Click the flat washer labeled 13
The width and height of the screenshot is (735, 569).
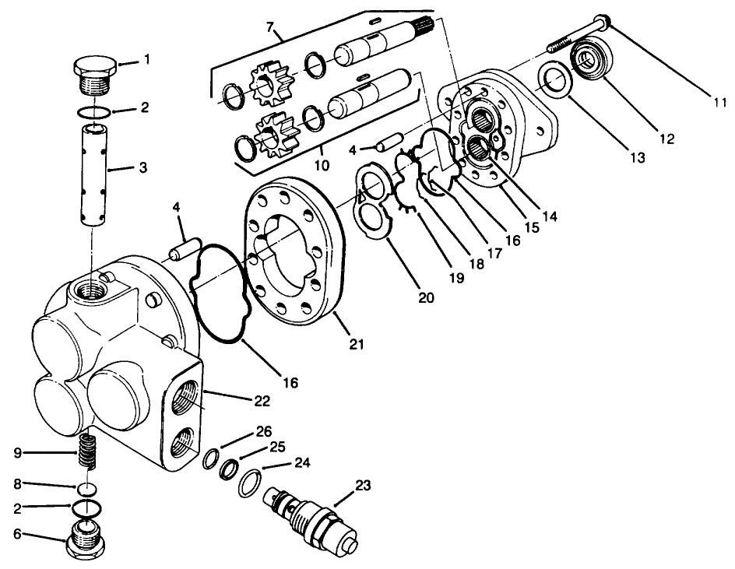[554, 80]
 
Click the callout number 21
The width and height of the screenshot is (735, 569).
[357, 343]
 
